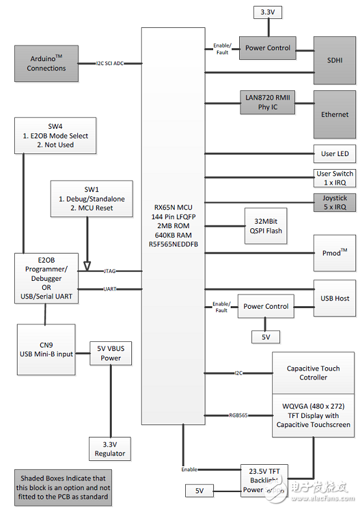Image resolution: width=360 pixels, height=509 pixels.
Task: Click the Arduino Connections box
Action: click(46, 63)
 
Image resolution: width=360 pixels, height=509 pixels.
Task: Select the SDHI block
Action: click(334, 59)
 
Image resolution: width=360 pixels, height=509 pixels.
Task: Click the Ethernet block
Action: click(334, 114)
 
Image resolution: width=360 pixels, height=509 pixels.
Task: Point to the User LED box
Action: click(334, 153)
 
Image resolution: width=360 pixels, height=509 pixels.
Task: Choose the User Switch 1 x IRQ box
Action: click(334, 177)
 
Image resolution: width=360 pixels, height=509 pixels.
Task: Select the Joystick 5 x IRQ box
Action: click(334, 202)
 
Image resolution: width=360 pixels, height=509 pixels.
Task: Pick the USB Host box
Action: click(334, 298)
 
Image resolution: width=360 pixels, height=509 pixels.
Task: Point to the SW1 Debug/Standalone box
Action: click(92, 198)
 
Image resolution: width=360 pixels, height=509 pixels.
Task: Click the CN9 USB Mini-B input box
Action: click(46, 348)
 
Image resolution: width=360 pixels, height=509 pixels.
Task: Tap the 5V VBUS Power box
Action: click(110, 353)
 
